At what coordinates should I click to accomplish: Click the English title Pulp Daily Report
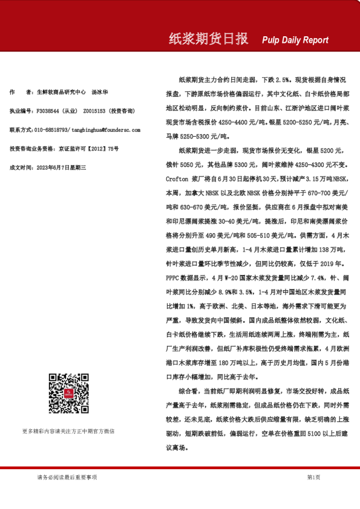(x=295, y=41)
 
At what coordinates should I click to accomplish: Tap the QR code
(x=68, y=393)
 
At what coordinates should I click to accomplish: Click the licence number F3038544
(x=49, y=111)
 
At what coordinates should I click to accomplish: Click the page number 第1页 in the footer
(x=313, y=478)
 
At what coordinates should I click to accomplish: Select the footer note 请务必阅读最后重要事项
(x=67, y=478)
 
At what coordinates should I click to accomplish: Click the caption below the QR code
(x=68, y=431)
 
